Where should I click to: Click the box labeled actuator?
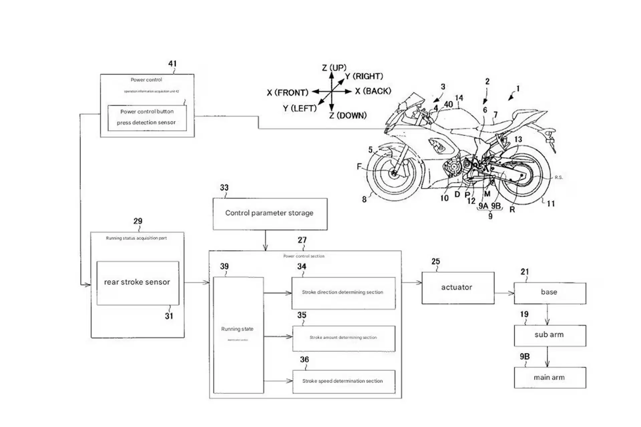458,288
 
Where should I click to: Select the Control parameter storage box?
270,213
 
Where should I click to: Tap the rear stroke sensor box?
138,283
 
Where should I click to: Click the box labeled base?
550,293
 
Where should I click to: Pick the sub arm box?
550,335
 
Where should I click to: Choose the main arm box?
550,378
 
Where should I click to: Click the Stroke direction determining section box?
343,293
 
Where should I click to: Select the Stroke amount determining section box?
344,338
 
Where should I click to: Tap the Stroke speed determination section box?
344,381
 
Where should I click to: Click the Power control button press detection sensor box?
147,117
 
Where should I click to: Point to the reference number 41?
173,64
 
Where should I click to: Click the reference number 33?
224,188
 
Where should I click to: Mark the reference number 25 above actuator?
436,262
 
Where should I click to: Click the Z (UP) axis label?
334,68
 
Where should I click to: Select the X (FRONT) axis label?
287,93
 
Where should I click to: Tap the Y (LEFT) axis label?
299,109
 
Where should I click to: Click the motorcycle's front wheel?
394,173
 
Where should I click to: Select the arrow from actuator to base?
504,293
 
